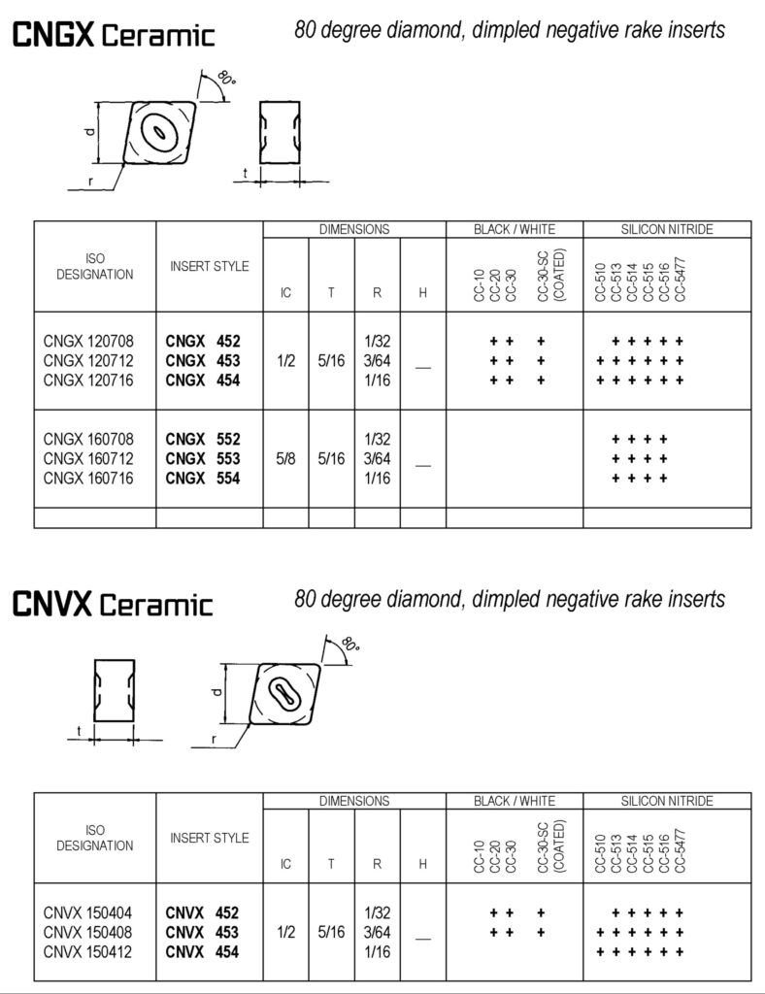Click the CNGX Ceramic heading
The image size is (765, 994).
[x=112, y=36]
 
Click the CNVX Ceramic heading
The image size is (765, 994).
[x=112, y=605]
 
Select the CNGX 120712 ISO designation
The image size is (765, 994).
[x=88, y=360]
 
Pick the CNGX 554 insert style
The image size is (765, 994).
[x=203, y=478]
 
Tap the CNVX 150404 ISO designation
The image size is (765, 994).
[x=88, y=912]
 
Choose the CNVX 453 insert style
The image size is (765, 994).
[x=203, y=932]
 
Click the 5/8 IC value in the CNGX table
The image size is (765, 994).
[x=285, y=458]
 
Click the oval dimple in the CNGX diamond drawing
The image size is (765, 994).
[x=156, y=130]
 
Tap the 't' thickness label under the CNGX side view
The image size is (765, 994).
[x=245, y=172]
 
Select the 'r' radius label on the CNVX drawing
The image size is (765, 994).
[x=213, y=740]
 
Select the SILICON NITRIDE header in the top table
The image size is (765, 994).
[x=666, y=230]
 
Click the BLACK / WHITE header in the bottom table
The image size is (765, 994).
[x=514, y=801]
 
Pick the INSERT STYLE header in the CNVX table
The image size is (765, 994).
[x=210, y=837]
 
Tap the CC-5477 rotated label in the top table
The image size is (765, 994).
[x=679, y=280]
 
